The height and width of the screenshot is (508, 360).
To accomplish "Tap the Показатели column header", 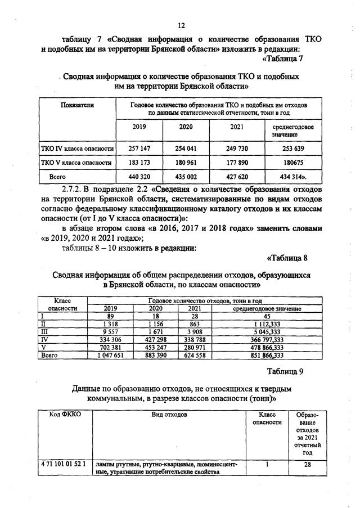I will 77,105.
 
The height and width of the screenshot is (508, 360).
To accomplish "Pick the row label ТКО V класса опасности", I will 77,163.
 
